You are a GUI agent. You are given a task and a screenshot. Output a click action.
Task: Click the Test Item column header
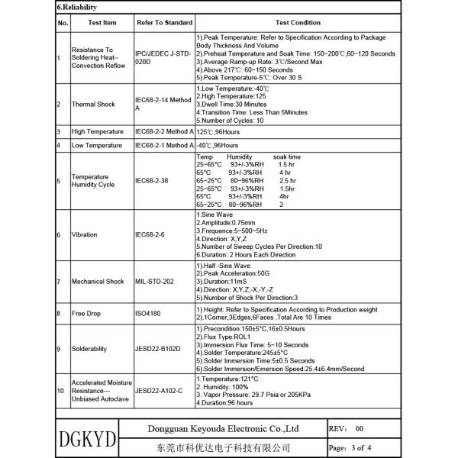tap(102, 23)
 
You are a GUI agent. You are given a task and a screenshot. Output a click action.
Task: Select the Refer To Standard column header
tap(164, 23)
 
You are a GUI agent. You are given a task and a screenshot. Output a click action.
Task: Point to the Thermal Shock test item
tap(94, 105)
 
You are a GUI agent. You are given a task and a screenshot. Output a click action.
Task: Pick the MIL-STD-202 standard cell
tap(155, 282)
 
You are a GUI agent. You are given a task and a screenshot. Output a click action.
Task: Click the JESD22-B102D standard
tap(158, 348)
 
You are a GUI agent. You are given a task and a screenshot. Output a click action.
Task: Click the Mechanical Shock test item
tap(99, 282)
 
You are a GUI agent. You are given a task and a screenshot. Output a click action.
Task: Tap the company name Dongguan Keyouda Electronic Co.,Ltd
tap(228, 429)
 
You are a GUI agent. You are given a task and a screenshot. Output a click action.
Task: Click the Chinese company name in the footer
tap(227, 447)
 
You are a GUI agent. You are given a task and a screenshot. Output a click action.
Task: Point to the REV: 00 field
tap(348, 429)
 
